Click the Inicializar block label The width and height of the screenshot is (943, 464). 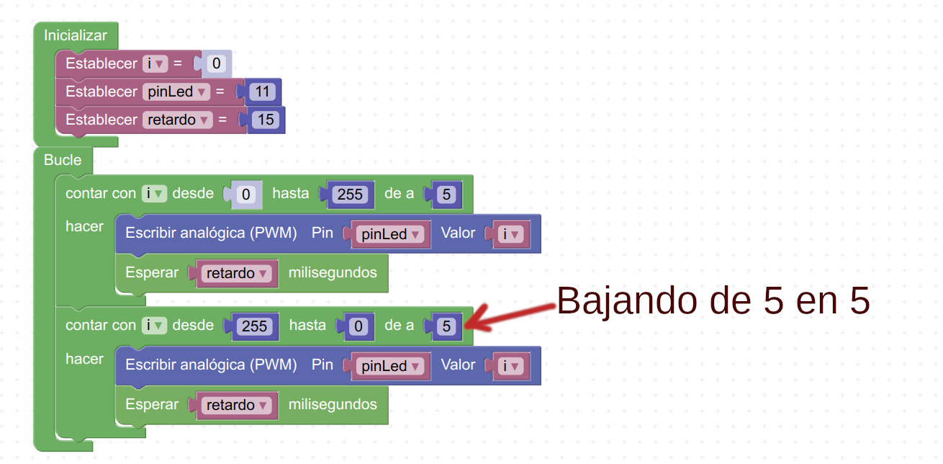click(76, 35)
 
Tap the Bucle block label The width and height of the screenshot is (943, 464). click(63, 160)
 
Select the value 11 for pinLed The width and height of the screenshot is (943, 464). click(262, 92)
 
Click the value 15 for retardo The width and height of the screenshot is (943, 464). click(266, 120)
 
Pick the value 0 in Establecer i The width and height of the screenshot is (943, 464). click(217, 63)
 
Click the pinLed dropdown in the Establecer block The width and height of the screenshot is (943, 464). click(176, 92)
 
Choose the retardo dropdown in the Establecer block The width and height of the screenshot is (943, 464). click(178, 120)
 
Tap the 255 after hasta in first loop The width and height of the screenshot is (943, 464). click(350, 195)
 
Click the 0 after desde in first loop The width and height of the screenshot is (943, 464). click(246, 195)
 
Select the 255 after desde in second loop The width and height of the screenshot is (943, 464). click(254, 326)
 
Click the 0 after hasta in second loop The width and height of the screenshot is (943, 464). click(358, 326)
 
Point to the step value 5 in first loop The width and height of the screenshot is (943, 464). click(446, 195)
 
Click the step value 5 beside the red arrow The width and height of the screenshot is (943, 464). click(446, 326)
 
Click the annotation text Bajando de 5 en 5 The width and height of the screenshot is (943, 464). click(713, 300)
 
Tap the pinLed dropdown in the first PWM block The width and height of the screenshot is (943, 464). click(390, 234)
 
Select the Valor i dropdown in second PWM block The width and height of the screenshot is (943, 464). click(510, 366)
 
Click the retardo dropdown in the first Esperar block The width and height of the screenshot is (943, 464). click(237, 274)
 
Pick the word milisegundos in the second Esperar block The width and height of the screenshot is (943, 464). click(333, 405)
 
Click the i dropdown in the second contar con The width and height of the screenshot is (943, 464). click(154, 326)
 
